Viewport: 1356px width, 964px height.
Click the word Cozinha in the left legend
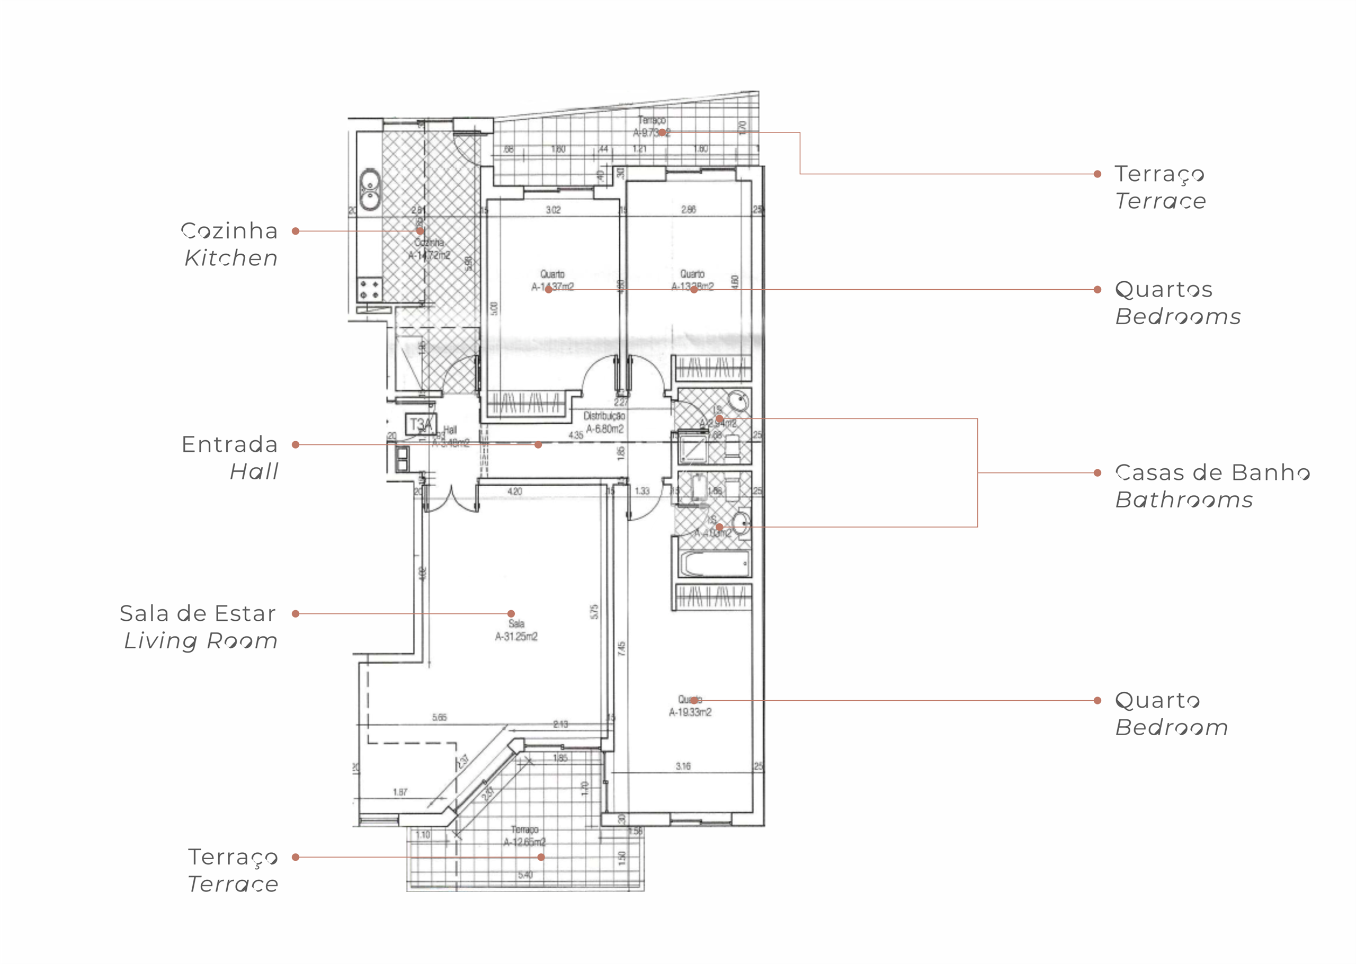pos(229,231)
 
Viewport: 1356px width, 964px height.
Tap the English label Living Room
pos(201,641)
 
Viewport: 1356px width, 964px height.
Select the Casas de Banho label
pos(1212,472)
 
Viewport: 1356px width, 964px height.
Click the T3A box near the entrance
pos(421,424)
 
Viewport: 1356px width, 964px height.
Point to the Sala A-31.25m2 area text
pos(516,636)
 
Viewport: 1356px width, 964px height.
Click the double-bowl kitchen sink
pos(370,189)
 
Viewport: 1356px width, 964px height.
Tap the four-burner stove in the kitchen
pos(369,290)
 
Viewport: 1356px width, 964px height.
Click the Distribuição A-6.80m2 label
pos(604,423)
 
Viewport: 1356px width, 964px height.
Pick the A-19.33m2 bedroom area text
pos(690,712)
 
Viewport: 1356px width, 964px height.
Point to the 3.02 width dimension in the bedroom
pos(553,210)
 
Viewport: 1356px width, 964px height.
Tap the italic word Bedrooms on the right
pos(1178,317)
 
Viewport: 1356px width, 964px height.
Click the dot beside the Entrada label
pos(296,444)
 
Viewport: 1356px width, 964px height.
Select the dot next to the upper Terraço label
pos(1098,174)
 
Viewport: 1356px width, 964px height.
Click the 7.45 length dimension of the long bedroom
pos(621,648)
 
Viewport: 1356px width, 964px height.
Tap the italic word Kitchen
pos(231,258)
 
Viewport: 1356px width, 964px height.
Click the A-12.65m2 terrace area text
pos(524,842)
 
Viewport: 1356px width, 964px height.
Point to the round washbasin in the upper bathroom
pos(739,400)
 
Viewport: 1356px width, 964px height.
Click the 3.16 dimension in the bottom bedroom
pos(683,766)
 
